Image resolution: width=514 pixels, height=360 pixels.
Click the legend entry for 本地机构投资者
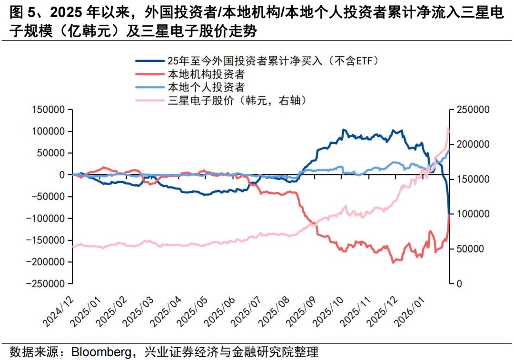[x=206, y=74]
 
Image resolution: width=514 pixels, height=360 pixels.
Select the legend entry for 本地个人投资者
[x=206, y=87]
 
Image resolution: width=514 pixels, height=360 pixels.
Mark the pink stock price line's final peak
[x=448, y=128]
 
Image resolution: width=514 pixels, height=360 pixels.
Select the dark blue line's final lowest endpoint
[x=449, y=214]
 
